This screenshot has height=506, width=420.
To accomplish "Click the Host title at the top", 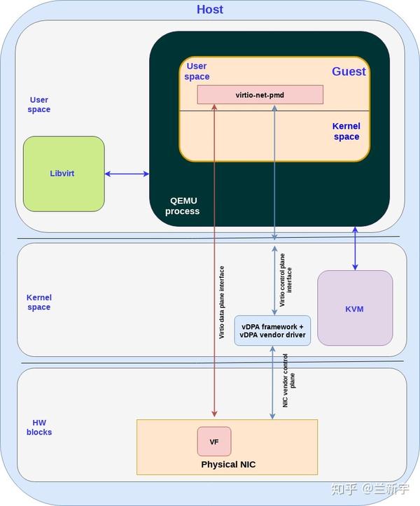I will point(210,10).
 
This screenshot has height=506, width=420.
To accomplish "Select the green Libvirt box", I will point(63,174).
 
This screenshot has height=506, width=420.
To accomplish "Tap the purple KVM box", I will point(355,309).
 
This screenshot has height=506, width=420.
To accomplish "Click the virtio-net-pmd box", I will point(260,94).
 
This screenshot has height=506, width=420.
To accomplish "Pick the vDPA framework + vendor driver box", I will point(272,330).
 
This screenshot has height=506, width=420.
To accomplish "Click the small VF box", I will point(214,442).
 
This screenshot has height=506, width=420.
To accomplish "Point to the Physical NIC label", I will point(228,465).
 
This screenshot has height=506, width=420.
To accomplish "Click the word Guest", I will point(349,71).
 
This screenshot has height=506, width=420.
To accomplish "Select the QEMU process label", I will point(182,206).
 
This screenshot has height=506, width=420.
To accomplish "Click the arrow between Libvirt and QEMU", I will point(127,174).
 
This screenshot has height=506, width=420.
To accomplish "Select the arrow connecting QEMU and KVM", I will point(355,248).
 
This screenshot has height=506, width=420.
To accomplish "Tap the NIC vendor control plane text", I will point(289,381).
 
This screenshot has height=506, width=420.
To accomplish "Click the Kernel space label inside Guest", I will point(346,132).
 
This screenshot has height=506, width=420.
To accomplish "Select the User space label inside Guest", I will point(197,71).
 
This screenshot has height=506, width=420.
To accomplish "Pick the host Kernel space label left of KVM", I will point(38,302).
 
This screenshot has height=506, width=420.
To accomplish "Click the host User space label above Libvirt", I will point(39,105).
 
